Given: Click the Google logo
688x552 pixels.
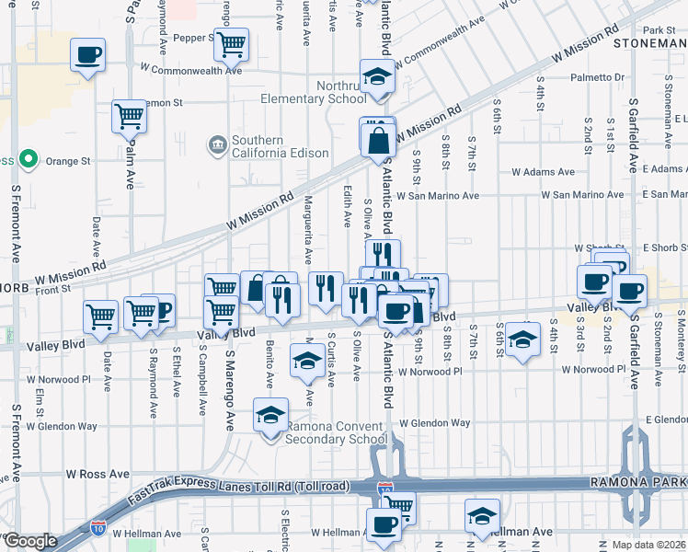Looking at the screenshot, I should [29, 541].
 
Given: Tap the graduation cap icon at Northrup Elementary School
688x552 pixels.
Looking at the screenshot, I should [377, 77].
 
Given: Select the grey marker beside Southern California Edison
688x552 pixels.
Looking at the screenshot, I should [217, 144].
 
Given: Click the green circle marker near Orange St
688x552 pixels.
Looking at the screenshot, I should [29, 160].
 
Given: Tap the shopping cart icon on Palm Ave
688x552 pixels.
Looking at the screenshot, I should [130, 116].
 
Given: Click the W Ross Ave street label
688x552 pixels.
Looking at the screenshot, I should [97, 473].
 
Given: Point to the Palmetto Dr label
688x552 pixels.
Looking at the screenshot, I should [599, 78].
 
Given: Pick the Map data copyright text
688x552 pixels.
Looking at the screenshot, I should [649, 545].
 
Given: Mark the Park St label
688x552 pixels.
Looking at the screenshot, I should [659, 30].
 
